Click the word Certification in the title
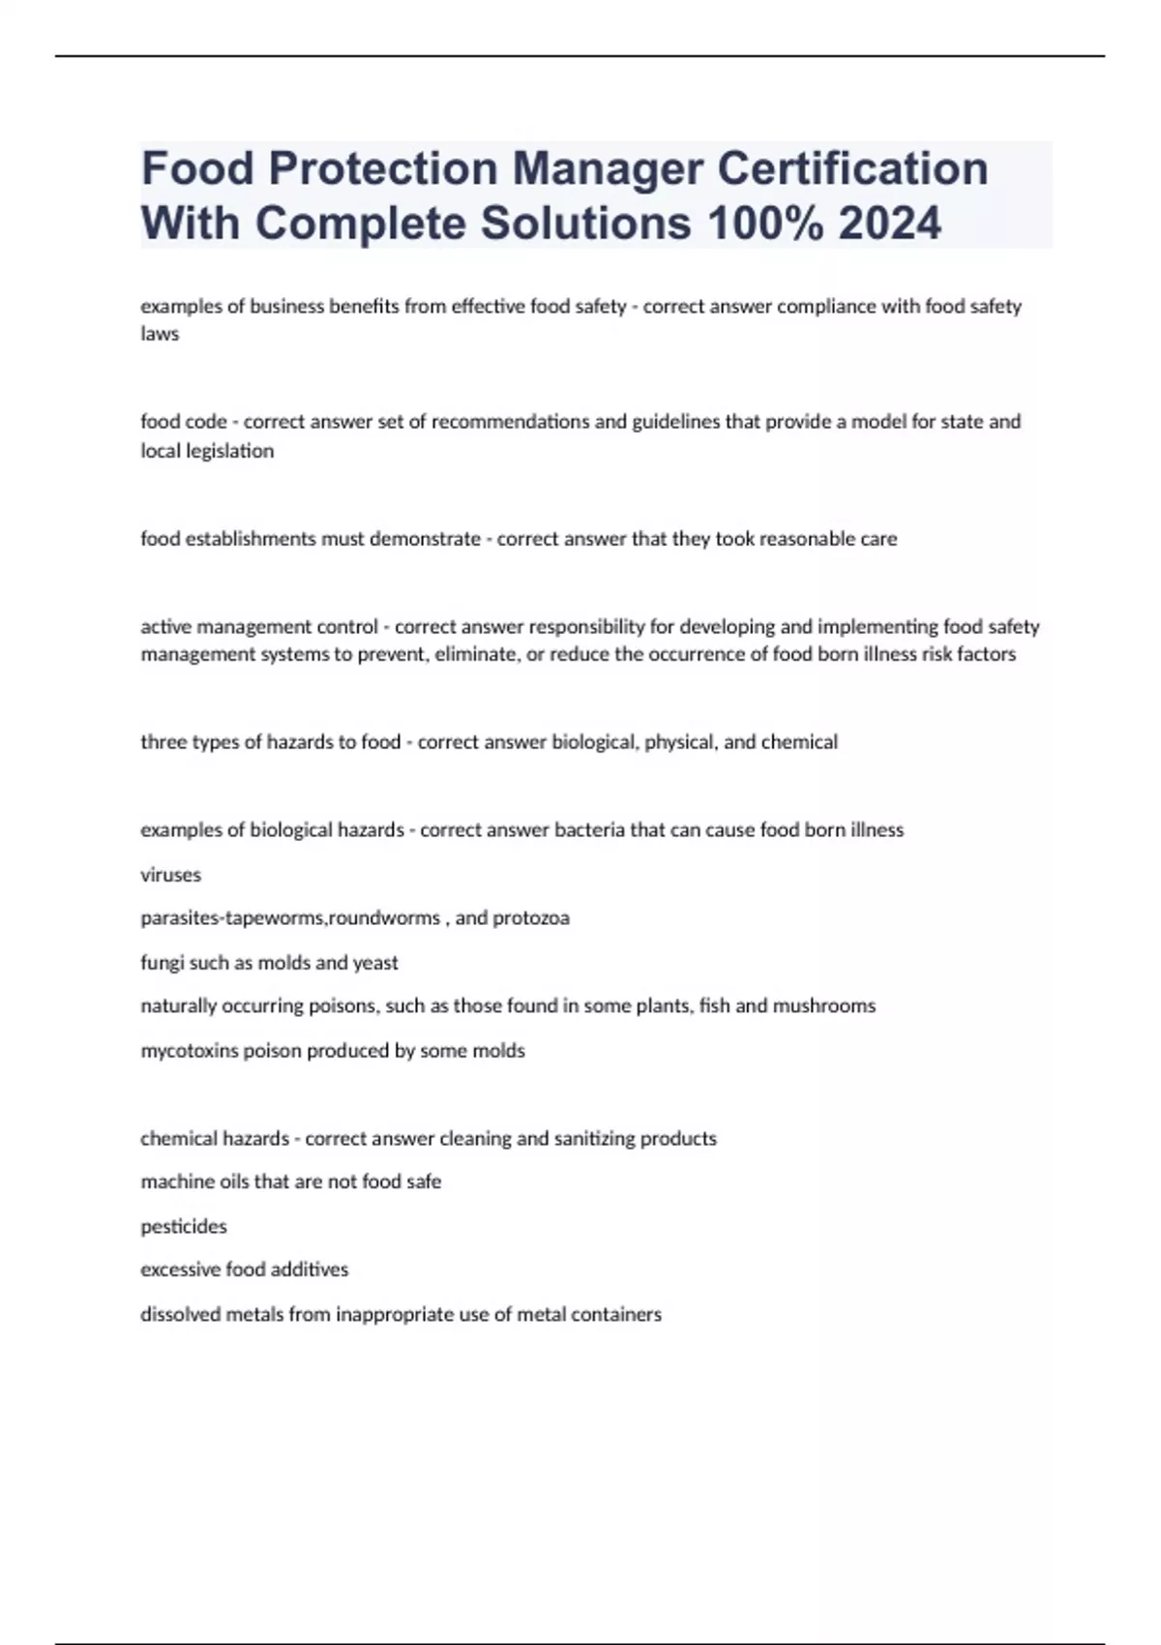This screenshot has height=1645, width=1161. (x=852, y=168)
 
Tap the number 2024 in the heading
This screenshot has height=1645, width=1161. (x=889, y=224)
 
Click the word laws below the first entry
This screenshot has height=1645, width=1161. (x=160, y=334)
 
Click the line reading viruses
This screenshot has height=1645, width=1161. (x=171, y=875)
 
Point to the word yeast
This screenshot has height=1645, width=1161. (x=375, y=963)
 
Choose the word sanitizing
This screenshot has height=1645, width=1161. (x=585, y=1139)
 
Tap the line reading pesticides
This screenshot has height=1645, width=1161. (x=184, y=1227)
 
